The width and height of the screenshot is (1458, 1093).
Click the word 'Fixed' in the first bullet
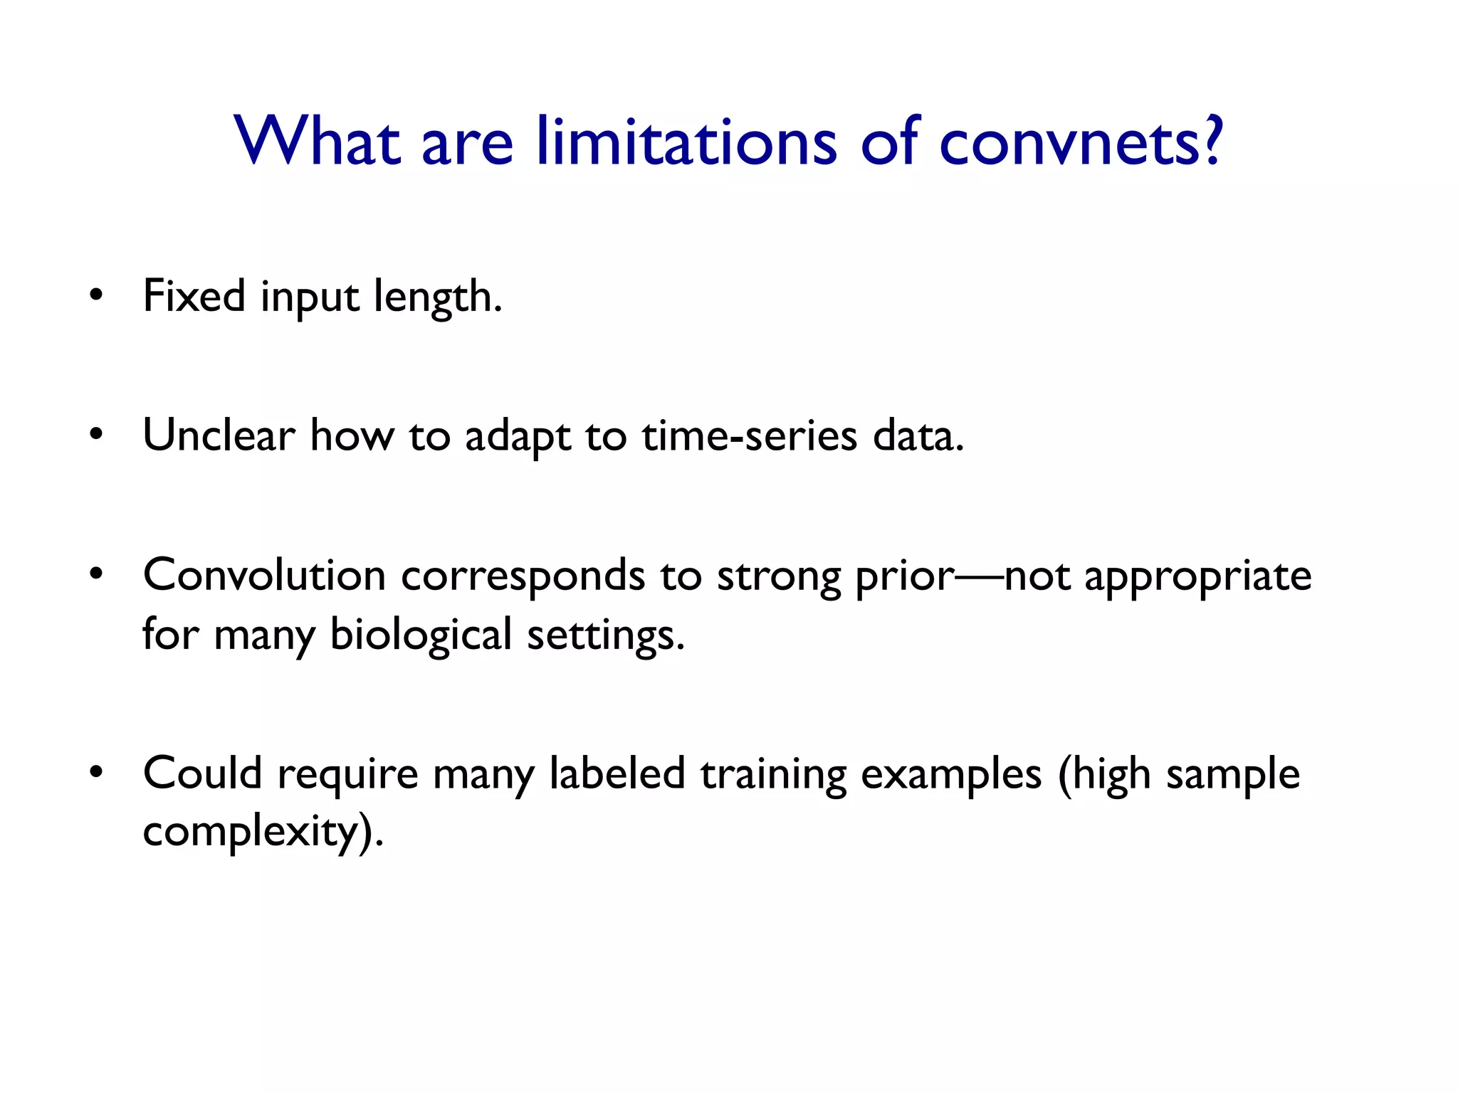click(x=194, y=295)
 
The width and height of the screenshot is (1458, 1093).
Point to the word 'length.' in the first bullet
click(x=439, y=297)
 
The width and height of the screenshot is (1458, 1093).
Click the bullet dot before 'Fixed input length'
click(x=97, y=295)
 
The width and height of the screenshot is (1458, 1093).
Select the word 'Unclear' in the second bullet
click(x=219, y=435)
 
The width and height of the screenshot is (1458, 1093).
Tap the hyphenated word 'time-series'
click(x=749, y=435)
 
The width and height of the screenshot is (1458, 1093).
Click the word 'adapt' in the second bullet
click(x=518, y=436)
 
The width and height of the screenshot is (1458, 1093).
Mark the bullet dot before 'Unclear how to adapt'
click(x=97, y=435)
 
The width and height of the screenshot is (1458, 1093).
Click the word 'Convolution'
click(x=264, y=575)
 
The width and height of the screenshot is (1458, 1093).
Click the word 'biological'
click(x=421, y=635)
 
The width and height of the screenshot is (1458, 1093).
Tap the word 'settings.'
click(x=605, y=635)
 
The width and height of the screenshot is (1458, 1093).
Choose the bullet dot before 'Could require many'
click(x=97, y=773)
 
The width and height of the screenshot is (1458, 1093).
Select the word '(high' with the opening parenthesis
click(x=1103, y=774)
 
